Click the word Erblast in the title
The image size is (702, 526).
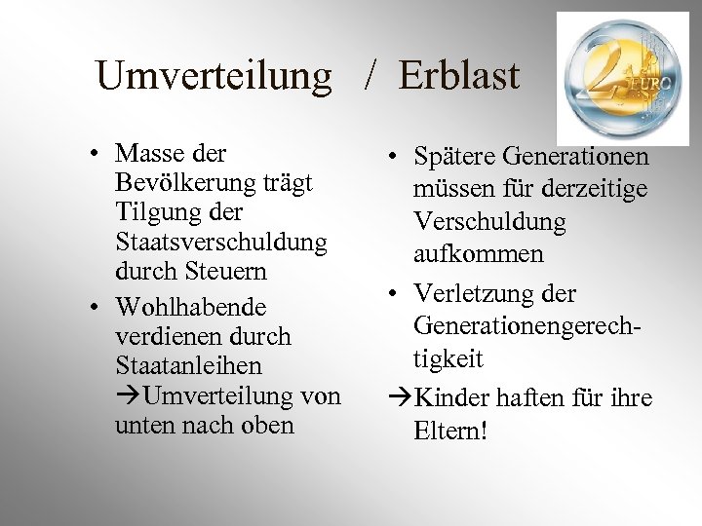click(x=459, y=76)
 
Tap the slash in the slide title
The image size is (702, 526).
click(x=371, y=76)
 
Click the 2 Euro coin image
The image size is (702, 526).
click(x=621, y=78)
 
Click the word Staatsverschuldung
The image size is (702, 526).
click(x=221, y=241)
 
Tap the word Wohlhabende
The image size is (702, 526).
click(x=191, y=308)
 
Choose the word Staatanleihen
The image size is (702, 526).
click(x=188, y=366)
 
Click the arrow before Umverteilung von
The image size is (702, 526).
click(x=128, y=396)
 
